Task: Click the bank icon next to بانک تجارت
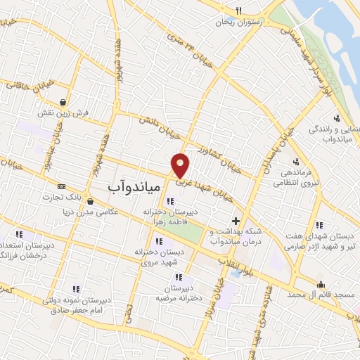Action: pyautogui.click(x=61, y=186)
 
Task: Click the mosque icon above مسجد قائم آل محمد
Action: pyautogui.click(x=321, y=285)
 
